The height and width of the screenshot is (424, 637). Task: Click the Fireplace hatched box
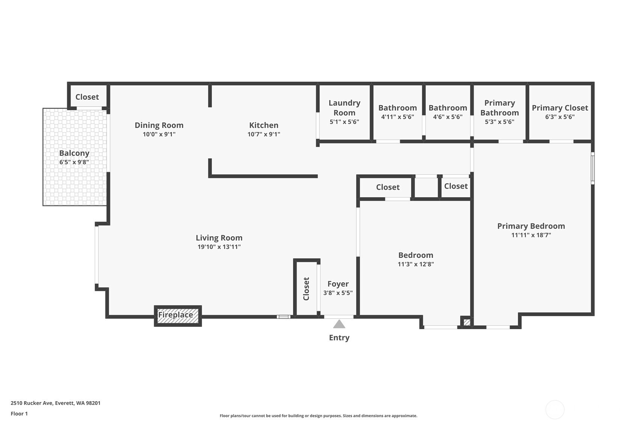178,316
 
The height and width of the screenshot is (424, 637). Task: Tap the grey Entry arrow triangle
339,324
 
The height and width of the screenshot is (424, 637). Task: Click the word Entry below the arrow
339,338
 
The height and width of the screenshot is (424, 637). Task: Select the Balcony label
74,153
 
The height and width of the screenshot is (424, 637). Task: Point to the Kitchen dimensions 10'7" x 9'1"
264,134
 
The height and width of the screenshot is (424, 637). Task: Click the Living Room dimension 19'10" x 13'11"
219,247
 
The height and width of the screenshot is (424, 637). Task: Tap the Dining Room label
159,125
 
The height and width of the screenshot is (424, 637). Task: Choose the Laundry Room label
344,108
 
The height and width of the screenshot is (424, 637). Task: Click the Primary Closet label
560,108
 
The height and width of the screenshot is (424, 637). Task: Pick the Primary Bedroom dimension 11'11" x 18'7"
531,235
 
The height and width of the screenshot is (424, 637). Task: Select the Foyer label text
338,284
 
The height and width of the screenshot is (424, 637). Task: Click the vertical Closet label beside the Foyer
306,289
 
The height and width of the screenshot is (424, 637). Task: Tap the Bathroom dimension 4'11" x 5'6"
397,117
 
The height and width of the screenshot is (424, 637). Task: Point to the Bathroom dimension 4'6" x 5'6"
447,117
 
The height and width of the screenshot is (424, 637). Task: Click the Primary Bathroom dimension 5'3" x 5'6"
499,122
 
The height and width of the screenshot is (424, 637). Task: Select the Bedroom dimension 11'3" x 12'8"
416,264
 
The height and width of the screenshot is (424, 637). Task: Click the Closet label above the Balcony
87,97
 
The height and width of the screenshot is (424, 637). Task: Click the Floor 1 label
19,414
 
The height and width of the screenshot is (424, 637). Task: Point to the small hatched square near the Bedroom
467,323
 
